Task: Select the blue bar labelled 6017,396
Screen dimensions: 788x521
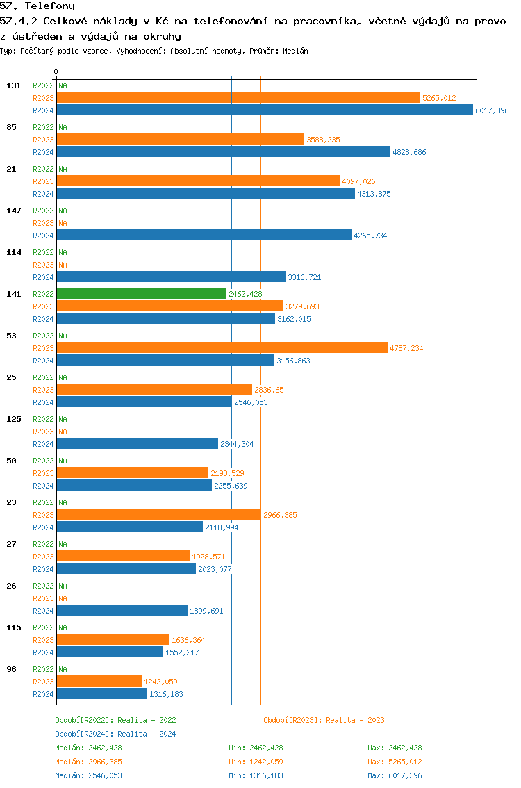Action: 264,110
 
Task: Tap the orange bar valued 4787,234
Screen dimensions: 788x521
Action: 222,348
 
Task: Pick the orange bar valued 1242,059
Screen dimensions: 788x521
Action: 99,682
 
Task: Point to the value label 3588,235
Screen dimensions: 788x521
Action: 323,140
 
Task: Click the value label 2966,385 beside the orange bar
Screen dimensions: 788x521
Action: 280,515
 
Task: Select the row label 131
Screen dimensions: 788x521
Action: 13,85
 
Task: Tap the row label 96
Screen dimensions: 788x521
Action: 11,669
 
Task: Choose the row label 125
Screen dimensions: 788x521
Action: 13,419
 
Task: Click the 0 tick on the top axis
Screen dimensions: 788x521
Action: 56,72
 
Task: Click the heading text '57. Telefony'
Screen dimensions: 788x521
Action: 38,6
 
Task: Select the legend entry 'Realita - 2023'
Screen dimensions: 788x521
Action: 324,720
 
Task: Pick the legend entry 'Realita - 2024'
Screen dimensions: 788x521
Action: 115,734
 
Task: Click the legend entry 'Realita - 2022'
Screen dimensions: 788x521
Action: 115,720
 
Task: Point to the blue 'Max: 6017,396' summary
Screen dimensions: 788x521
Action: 395,775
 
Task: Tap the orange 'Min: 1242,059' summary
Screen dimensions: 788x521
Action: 256,762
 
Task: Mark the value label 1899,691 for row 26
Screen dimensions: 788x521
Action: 206,611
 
